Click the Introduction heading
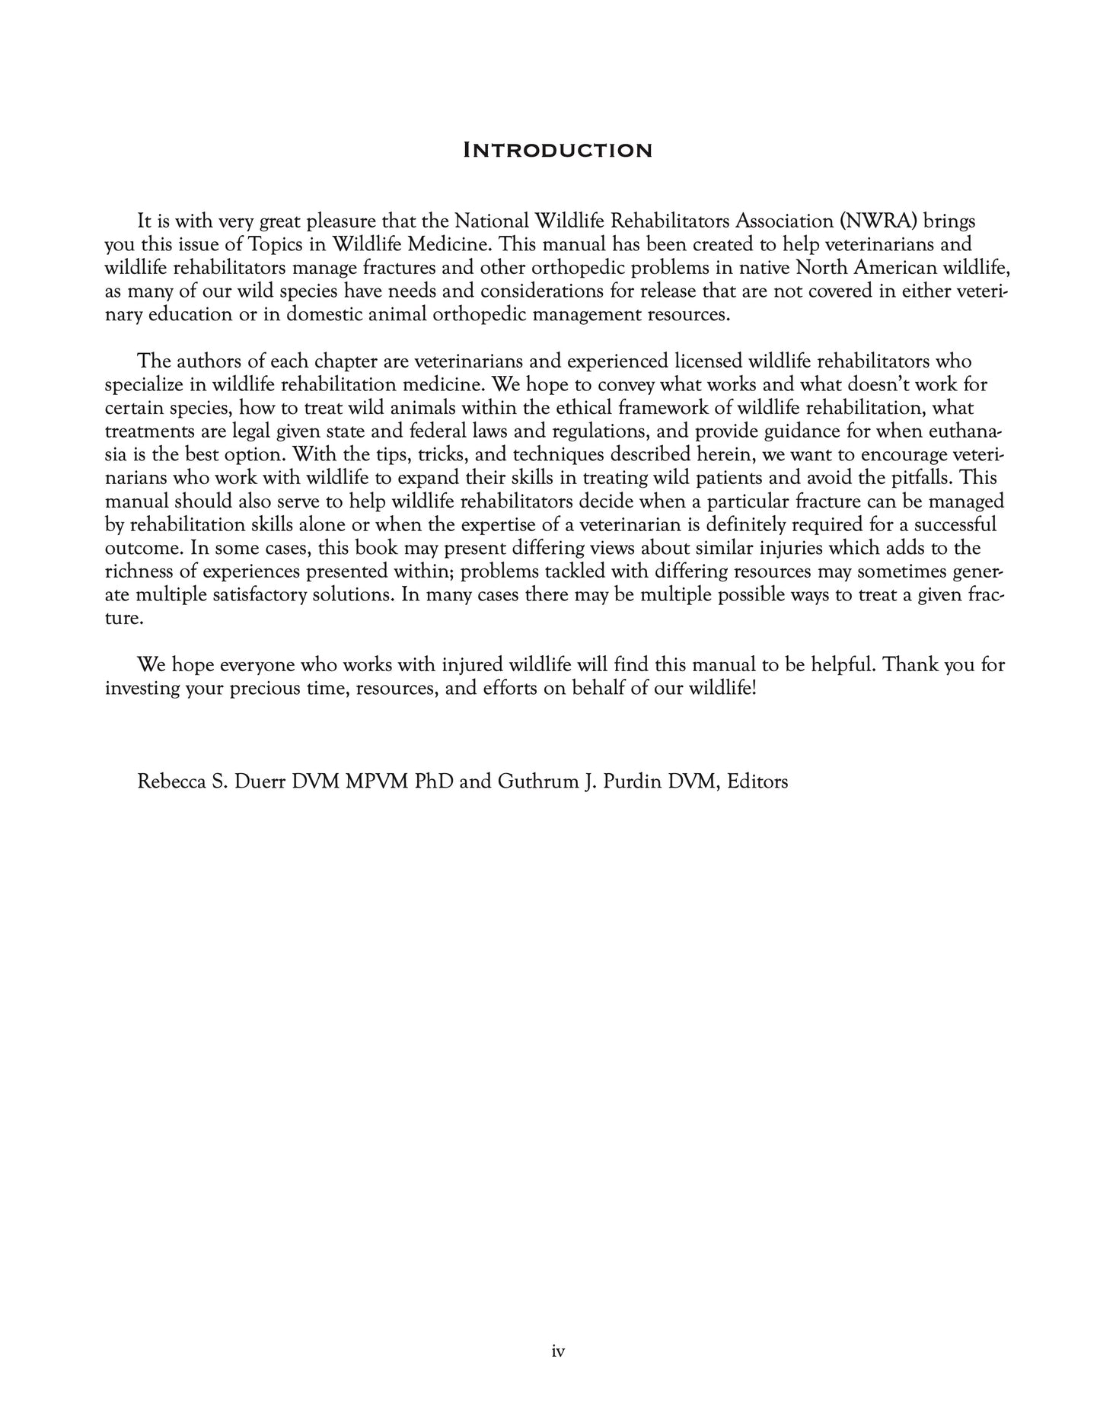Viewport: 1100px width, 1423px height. click(x=557, y=150)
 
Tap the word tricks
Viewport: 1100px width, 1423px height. click(x=443, y=455)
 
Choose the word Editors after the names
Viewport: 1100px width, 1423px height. click(x=757, y=782)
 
